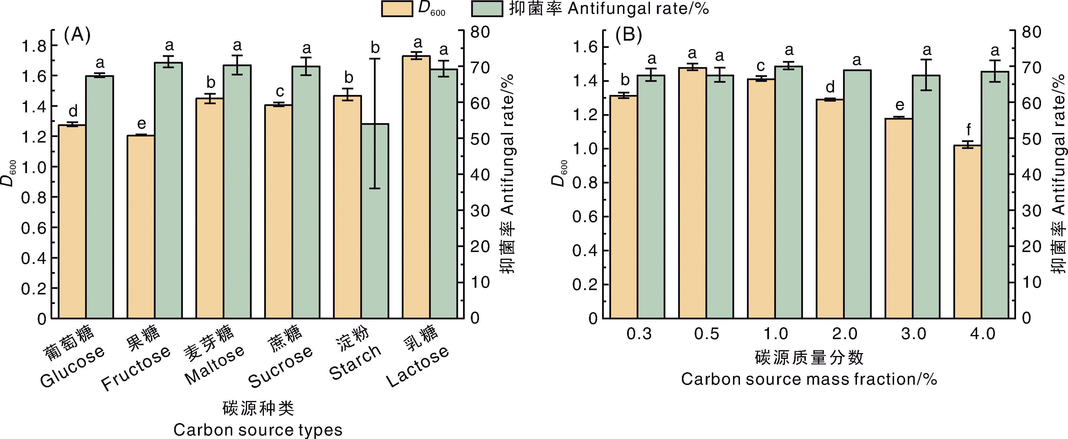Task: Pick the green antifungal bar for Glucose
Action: coord(100,197)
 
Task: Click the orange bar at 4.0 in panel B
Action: coord(968,232)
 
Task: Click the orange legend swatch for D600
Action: coord(397,9)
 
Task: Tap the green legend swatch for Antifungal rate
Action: coord(487,9)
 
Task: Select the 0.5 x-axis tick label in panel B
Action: coord(707,334)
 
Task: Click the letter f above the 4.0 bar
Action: coord(968,130)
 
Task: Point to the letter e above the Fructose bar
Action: coord(141,123)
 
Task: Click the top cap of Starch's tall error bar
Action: coord(375,59)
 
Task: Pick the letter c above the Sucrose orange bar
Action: coord(280,92)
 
